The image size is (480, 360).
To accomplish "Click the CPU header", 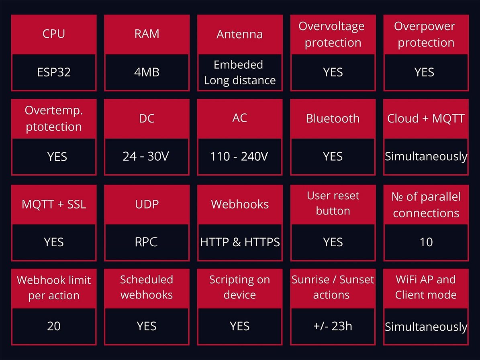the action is [x=54, y=34].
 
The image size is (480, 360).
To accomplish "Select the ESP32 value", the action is [x=54, y=72].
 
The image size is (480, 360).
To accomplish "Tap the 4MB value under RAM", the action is [x=147, y=72].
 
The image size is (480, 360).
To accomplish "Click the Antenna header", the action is [x=239, y=34].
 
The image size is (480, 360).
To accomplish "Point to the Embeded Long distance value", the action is [x=240, y=73].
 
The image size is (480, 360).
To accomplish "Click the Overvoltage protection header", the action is [x=333, y=34].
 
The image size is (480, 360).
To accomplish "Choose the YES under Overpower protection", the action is [x=424, y=72].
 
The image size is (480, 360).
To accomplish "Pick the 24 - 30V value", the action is [x=146, y=156].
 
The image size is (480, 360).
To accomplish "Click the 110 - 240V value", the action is [x=239, y=156].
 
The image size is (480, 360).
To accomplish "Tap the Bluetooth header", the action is [x=333, y=119].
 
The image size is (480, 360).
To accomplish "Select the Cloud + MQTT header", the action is [x=426, y=119].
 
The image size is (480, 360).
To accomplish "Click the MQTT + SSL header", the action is [x=54, y=204].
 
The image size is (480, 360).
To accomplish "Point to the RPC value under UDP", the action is [x=146, y=242].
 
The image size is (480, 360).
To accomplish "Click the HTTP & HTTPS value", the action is [x=240, y=242].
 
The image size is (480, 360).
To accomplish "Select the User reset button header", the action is [x=333, y=203].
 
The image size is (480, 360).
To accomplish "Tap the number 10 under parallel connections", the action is [x=426, y=242].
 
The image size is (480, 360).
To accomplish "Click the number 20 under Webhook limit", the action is [x=54, y=326].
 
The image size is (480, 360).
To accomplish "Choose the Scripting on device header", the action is [x=240, y=287].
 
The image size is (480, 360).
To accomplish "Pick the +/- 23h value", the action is [x=333, y=326].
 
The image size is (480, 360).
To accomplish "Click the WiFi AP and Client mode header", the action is [x=426, y=287].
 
